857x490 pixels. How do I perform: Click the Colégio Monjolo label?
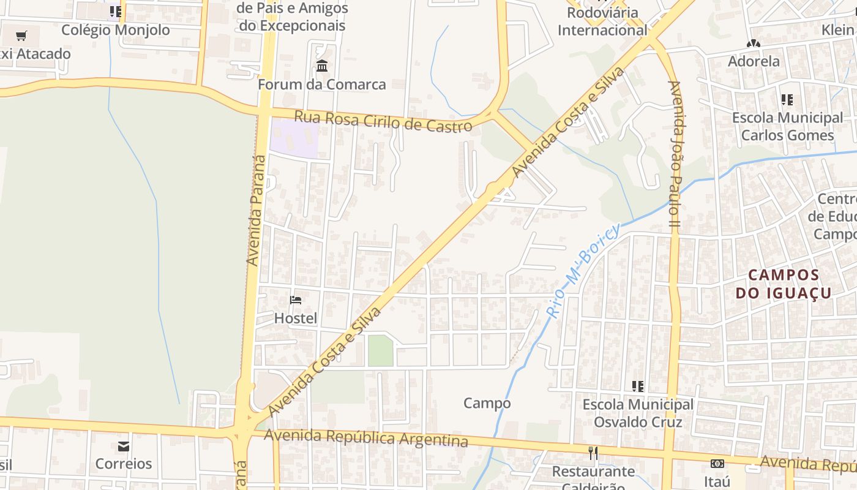115,30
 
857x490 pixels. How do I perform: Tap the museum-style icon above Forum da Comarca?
322,66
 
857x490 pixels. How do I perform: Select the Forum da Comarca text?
322,85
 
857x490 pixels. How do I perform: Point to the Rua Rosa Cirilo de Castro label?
383,121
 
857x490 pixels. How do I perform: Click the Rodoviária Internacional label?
602,21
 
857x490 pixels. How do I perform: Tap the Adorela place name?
754,61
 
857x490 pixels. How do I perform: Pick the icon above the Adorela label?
754,43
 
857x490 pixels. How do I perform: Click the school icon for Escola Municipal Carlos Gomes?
787,99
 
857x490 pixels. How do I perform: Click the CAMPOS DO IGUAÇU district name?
784,284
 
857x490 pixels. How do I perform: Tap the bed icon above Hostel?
296,300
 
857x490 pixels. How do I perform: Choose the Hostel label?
296,318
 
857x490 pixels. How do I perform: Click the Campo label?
487,403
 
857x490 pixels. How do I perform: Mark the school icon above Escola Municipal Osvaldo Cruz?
638,386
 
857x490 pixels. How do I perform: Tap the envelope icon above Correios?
124,446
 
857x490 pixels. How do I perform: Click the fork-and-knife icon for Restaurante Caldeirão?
593,453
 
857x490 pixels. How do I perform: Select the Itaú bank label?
717,481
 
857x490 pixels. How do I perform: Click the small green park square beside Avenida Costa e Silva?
380,351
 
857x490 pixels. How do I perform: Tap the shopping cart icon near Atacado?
21,36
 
